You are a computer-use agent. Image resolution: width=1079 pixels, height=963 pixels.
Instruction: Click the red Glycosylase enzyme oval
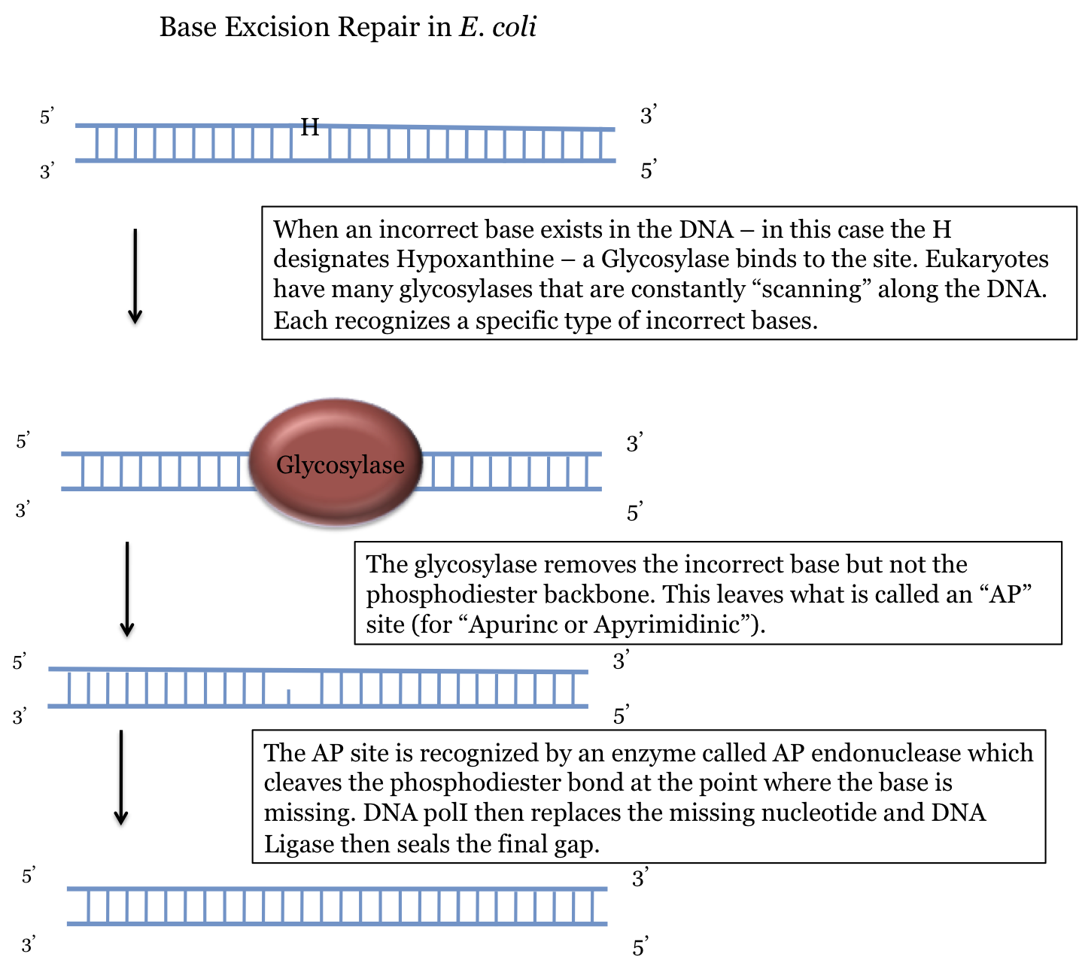pyautogui.click(x=336, y=463)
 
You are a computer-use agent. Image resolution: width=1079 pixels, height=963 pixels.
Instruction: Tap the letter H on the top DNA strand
pyautogui.click(x=310, y=127)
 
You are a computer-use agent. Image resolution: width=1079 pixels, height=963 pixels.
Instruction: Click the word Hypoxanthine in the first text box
pyautogui.click(x=476, y=259)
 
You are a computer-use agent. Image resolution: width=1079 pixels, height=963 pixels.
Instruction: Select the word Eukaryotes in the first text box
pyautogui.click(x=986, y=259)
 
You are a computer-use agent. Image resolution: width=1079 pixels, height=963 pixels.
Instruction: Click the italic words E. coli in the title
pyautogui.click(x=497, y=27)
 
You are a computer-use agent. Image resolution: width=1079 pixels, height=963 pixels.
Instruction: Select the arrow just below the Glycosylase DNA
pyautogui.click(x=127, y=588)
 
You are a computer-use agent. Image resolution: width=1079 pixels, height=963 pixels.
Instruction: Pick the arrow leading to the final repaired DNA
pyautogui.click(x=120, y=776)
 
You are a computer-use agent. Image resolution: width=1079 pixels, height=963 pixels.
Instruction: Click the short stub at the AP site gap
pyautogui.click(x=289, y=697)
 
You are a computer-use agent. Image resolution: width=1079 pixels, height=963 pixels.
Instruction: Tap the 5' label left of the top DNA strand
pyautogui.click(x=47, y=117)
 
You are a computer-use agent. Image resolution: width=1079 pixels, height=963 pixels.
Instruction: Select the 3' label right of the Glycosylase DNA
pyautogui.click(x=635, y=443)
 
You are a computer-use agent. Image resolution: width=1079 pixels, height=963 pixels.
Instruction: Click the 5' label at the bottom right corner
pyautogui.click(x=640, y=946)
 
